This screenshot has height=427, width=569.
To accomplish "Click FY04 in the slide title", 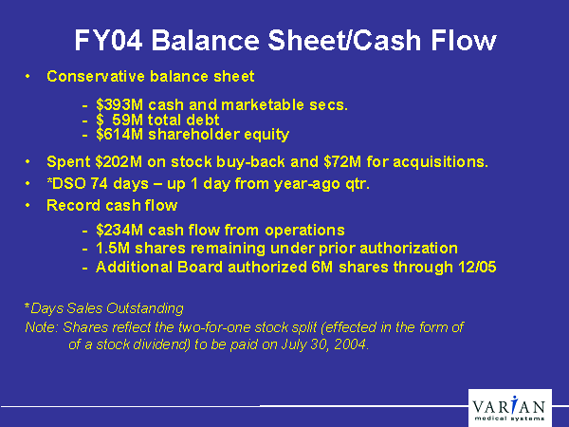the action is pyautogui.click(x=108, y=40).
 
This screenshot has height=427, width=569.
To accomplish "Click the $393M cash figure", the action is pyautogui.click(x=119, y=105).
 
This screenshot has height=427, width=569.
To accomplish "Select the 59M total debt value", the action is pyautogui.click(x=128, y=120).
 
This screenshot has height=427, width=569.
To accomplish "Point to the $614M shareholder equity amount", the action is pyautogui.click(x=119, y=135).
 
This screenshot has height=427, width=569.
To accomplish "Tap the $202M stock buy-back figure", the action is pyautogui.click(x=119, y=162).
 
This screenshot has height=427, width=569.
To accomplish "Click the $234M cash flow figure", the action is pyautogui.click(x=119, y=231).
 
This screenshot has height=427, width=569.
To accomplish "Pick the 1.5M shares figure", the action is pyautogui.click(x=113, y=249).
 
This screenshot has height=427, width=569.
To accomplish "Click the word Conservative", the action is pyautogui.click(x=96, y=77).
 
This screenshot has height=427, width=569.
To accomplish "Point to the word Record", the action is pyautogui.click(x=68, y=206).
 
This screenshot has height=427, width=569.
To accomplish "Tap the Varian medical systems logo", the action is pyautogui.click(x=510, y=408).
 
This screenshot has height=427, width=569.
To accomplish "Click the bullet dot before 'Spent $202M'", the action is pyautogui.click(x=28, y=162).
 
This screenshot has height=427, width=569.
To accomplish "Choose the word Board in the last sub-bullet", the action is pyautogui.click(x=199, y=268).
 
